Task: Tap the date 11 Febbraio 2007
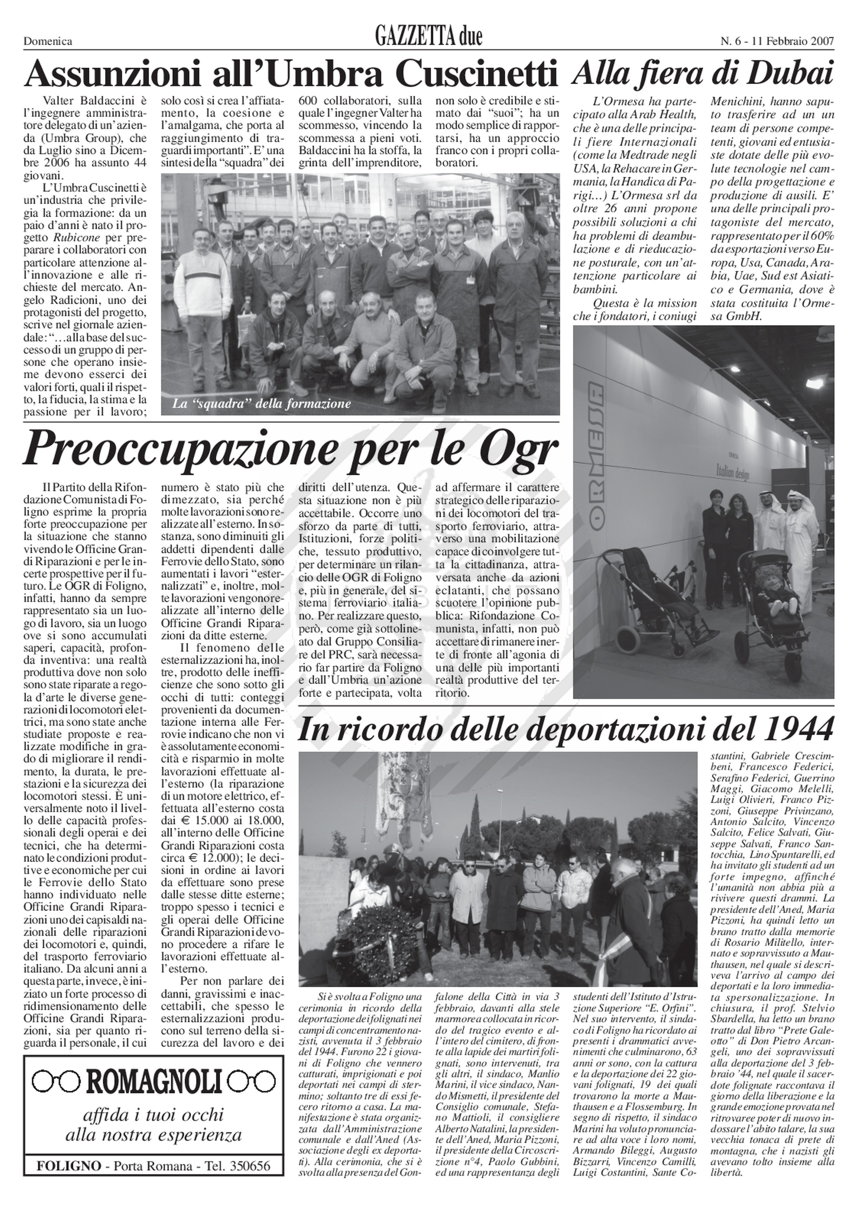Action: pos(787,41)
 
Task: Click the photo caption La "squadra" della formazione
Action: pos(262,405)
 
